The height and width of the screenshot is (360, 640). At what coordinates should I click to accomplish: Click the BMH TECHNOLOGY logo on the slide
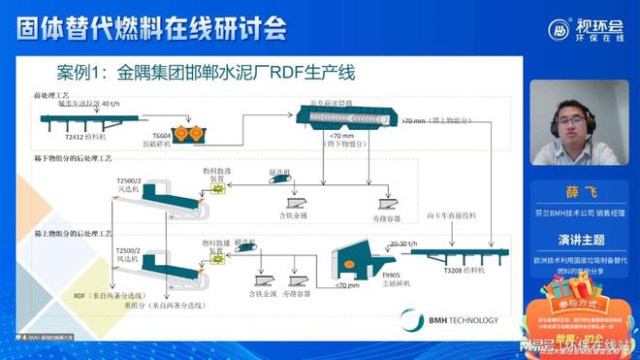463,319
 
